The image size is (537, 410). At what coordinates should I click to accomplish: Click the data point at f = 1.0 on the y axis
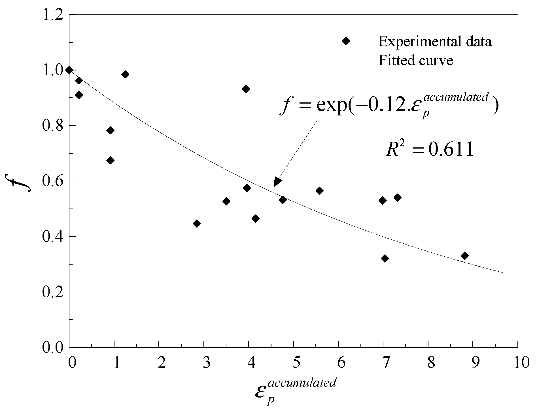tap(69, 70)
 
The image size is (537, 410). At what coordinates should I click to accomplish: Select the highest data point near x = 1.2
tap(125, 74)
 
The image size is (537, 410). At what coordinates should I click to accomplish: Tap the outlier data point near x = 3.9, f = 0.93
tap(246, 89)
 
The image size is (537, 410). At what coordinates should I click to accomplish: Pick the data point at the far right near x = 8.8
tap(464, 256)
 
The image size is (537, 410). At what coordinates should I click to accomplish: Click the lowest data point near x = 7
tap(385, 258)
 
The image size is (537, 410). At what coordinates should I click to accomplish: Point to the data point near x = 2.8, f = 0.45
tap(197, 224)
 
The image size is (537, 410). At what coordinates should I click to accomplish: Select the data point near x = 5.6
tap(319, 191)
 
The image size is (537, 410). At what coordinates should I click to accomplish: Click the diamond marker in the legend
tap(346, 41)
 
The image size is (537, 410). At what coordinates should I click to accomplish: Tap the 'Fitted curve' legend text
tap(416, 60)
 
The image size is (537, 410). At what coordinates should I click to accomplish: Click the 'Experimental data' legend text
tap(435, 42)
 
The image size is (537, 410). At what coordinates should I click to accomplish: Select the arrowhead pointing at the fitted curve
tap(277, 182)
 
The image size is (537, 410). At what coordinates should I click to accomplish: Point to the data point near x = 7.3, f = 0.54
tap(398, 198)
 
